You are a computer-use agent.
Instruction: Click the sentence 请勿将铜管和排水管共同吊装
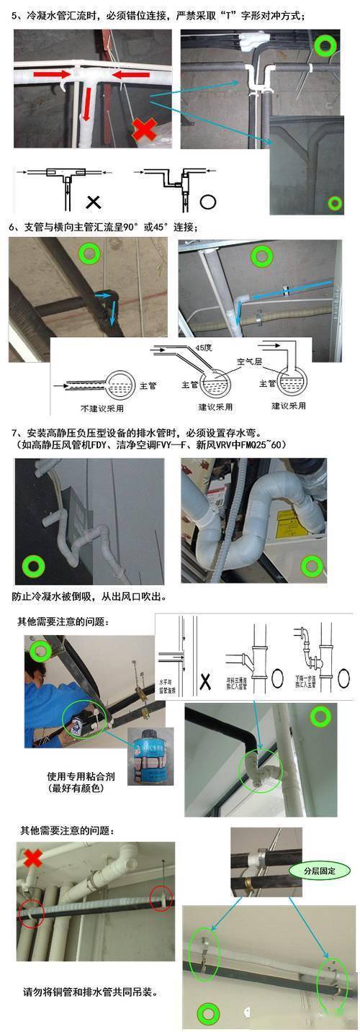90,992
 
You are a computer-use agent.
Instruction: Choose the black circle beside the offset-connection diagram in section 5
208,201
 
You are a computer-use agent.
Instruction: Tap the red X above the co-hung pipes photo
32,858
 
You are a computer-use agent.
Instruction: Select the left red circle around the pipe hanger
32,912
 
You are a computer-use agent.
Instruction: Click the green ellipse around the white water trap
259,772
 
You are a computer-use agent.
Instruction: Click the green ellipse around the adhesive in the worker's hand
84,720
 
